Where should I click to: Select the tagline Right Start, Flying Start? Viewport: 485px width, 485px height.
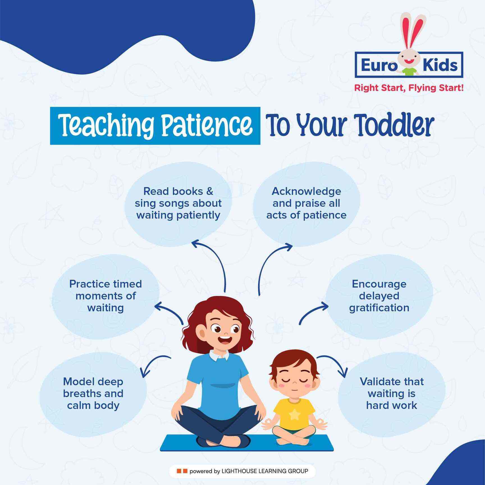(408, 88)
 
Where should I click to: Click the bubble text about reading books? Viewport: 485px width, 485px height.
(178, 203)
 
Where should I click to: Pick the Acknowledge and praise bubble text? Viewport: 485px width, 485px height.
(306, 203)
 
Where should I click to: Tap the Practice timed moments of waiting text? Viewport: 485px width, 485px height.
(106, 296)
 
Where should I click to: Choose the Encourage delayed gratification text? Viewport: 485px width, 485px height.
(379, 296)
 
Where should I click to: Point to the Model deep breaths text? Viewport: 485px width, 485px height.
(93, 393)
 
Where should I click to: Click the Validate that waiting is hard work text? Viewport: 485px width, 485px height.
(392, 393)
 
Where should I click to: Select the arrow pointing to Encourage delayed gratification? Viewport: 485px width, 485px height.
(310, 311)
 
